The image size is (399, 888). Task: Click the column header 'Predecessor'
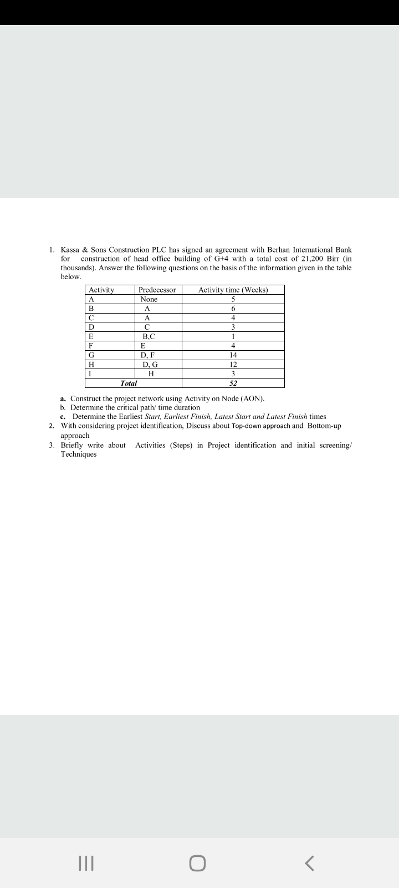pos(157,290)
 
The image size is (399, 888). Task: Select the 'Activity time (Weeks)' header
pos(233,290)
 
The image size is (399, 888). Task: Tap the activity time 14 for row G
pos(233,355)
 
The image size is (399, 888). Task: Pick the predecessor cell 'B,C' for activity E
pos(149,336)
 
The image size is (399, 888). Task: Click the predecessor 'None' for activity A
pos(149,299)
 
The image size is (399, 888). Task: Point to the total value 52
pos(233,384)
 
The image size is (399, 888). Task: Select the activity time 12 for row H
pos(233,365)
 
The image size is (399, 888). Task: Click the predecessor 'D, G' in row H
pos(150,365)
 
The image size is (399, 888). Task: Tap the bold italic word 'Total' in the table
pos(129,384)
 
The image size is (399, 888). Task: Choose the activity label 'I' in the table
pos(90,374)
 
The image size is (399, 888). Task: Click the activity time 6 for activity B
pos(233,309)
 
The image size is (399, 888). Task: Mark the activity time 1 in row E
pos(233,336)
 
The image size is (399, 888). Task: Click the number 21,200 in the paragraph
pos(307,259)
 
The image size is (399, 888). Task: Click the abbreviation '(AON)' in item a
pos(252,398)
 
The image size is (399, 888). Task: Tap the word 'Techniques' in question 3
pos(78,454)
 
